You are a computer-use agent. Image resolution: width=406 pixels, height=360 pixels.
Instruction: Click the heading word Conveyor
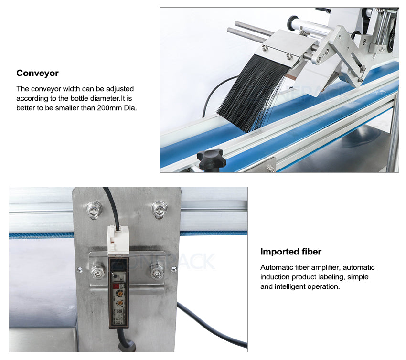pyautogui.click(x=37, y=73)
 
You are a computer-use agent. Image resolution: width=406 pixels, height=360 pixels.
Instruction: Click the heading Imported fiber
pyautogui.click(x=291, y=252)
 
